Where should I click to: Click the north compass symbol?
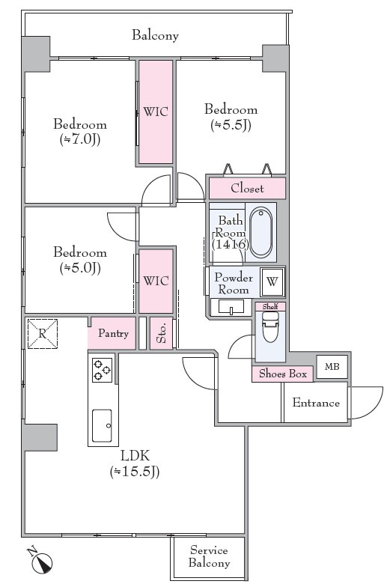(x=40, y=561)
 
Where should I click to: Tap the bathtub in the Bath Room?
(x=260, y=231)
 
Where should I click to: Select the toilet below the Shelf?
(x=270, y=327)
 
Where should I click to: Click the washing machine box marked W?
(x=272, y=282)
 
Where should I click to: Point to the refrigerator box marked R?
(x=43, y=334)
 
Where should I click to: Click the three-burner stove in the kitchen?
(x=102, y=370)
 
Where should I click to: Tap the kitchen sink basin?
(x=102, y=426)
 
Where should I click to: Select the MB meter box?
(x=332, y=367)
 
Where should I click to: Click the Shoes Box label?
(x=283, y=374)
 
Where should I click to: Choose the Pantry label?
(x=113, y=333)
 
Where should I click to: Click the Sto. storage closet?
(x=161, y=333)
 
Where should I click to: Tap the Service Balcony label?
(x=209, y=556)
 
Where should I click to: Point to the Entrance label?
(x=316, y=403)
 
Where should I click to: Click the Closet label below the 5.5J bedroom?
(x=247, y=188)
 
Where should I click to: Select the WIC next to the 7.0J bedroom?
(x=156, y=112)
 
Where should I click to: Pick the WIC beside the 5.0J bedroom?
(x=156, y=281)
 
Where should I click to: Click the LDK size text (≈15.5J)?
(x=135, y=472)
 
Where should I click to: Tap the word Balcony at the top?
(x=155, y=35)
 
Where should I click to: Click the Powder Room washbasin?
(x=231, y=307)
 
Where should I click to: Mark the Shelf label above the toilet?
(x=270, y=306)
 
